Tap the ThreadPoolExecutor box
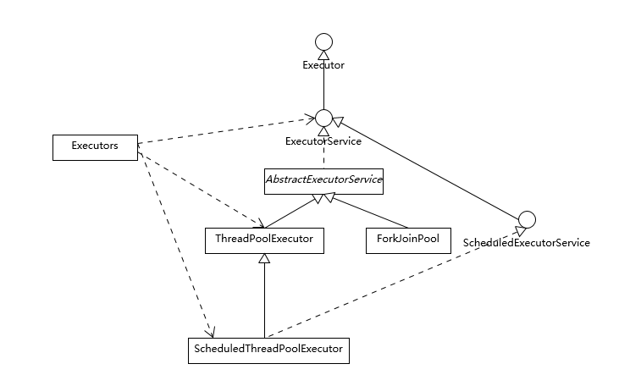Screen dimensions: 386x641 click(264, 240)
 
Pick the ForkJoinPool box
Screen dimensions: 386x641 click(408, 240)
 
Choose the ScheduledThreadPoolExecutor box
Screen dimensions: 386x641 click(268, 350)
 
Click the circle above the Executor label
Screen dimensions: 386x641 click(323, 42)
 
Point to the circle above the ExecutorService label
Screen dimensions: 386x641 click(323, 119)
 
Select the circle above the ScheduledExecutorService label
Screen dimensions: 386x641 click(526, 221)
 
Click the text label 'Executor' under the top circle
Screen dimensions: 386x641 click(323, 64)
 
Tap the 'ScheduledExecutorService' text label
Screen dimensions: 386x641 click(526, 243)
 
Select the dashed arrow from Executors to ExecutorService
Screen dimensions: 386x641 click(224, 132)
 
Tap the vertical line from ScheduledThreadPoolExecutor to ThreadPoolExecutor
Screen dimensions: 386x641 click(264, 296)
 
